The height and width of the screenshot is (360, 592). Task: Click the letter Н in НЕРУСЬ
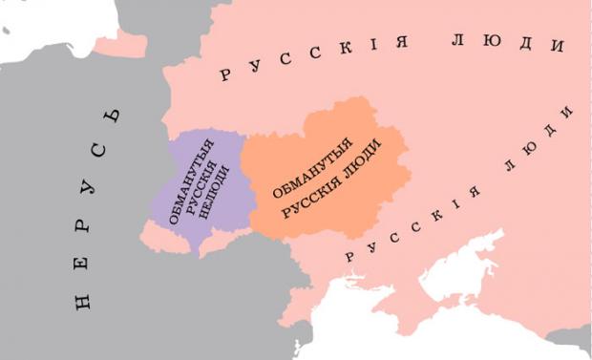click(x=84, y=302)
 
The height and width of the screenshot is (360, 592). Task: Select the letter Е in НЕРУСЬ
click(x=84, y=265)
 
